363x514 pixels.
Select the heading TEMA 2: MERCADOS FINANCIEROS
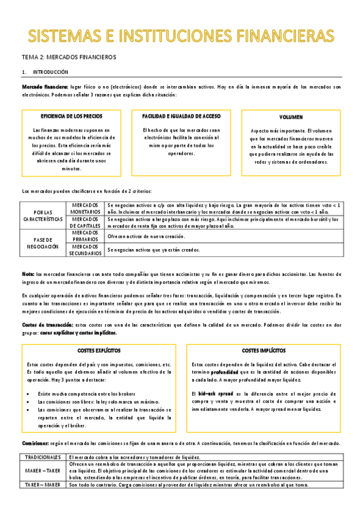tap(69, 56)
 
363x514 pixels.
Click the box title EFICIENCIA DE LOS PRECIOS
tap(72, 115)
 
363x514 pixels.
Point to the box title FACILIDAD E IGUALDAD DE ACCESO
tap(181, 115)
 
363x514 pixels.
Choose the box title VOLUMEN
tap(291, 116)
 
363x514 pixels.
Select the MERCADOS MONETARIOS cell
tap(85, 209)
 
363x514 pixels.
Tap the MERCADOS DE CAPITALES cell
tap(85, 222)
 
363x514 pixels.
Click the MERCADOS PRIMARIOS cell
tap(85, 236)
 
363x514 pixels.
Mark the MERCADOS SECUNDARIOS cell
tap(85, 250)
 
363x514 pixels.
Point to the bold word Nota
tap(28, 273)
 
